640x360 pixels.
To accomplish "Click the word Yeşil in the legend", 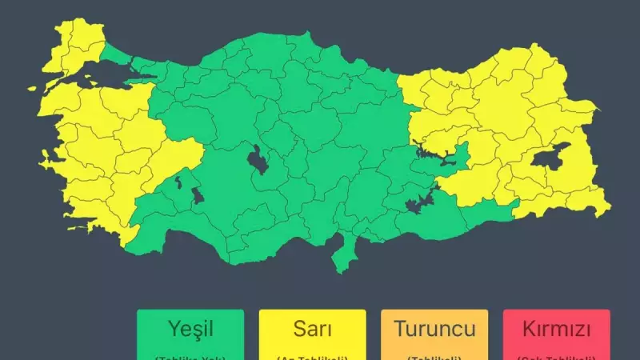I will click(190, 328).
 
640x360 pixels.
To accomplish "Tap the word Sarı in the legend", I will click(312, 328).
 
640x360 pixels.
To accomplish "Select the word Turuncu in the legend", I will click(434, 328).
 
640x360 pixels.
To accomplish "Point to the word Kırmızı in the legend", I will click(557, 328).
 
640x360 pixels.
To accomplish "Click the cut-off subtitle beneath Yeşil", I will click(190, 355).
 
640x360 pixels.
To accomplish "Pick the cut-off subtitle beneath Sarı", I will click(312, 355).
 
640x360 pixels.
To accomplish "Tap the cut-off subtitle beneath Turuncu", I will click(434, 355).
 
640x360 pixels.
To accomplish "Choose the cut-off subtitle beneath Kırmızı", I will click(557, 355).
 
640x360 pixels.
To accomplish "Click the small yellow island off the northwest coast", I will click(35, 90).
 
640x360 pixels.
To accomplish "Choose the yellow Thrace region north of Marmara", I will click(76, 44).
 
